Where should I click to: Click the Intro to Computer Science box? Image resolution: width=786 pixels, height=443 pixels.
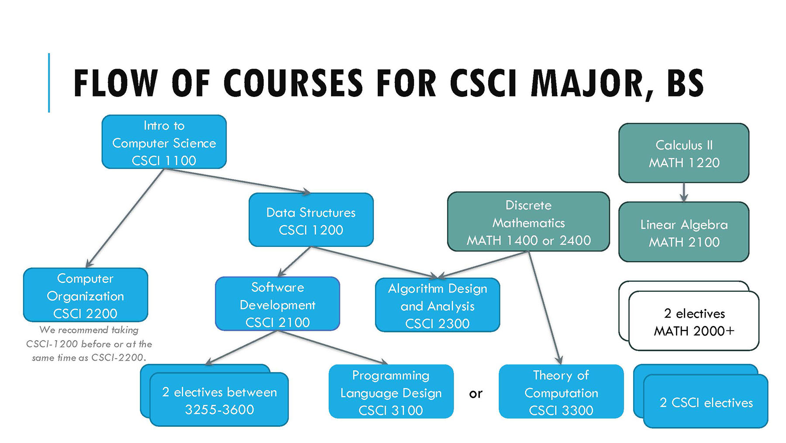point(164,142)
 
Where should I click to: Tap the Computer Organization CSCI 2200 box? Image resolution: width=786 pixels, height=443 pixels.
point(86,295)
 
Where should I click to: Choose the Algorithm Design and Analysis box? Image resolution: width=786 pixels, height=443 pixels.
point(437,305)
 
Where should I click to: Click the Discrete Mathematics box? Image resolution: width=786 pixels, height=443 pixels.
point(528,222)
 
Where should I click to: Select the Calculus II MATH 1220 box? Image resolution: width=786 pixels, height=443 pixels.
point(684,153)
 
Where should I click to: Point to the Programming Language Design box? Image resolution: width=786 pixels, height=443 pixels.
point(391,392)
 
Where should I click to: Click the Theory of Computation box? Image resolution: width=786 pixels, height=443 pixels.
point(561,392)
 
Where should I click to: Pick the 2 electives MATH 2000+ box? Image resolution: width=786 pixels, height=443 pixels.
point(694,322)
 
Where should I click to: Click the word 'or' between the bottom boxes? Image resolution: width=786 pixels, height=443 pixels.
point(476,394)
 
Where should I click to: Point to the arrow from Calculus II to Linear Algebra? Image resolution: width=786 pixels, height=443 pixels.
point(684,192)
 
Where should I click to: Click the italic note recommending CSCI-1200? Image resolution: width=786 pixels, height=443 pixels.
point(89,344)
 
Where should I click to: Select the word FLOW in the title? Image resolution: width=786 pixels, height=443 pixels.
point(115,83)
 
